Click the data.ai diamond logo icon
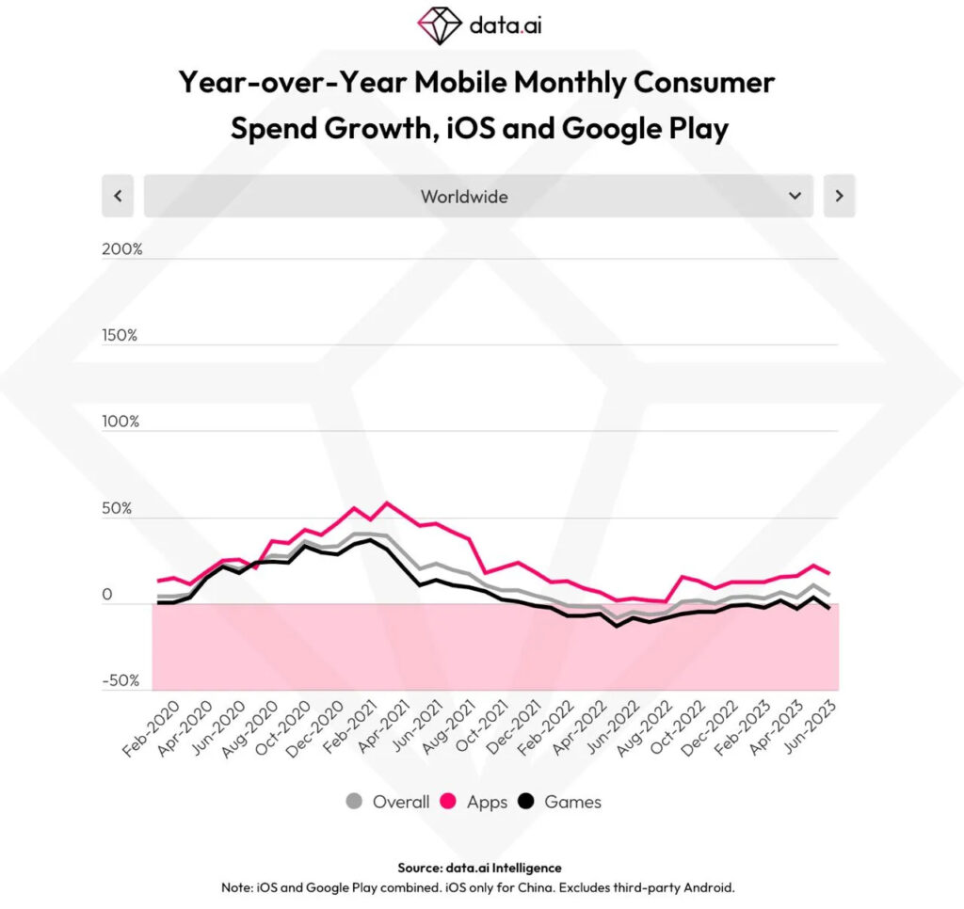coord(440,25)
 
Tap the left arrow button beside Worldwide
coord(118,196)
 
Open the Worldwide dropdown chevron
coord(795,196)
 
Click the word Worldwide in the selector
coord(464,197)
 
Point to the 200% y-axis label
coord(122,249)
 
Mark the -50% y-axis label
coord(120,680)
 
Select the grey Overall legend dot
coord(354,802)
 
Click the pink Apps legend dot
coord(449,802)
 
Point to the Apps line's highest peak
coord(388,502)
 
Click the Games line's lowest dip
coord(617,626)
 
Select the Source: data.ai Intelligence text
coord(480,868)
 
